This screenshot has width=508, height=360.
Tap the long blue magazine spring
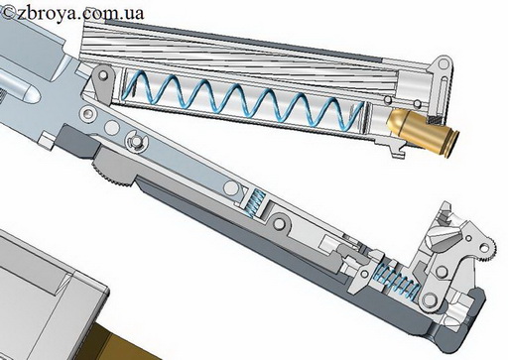click(245, 100)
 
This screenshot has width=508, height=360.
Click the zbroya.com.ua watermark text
click(72, 13)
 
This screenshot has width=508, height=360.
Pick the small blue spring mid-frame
click(254, 204)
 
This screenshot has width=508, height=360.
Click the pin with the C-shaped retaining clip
click(136, 141)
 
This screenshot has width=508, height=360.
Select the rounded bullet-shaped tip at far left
click(24, 90)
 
